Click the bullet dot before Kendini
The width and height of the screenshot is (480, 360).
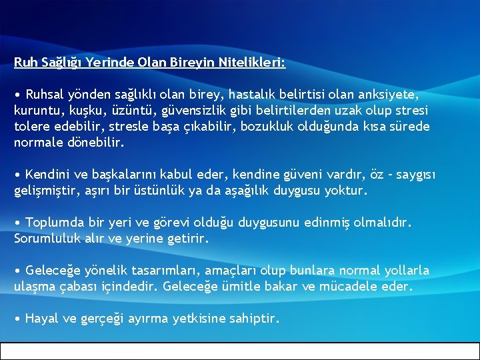click(17, 175)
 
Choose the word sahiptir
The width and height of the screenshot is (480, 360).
click(253, 319)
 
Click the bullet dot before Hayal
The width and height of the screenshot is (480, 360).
click(17, 319)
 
